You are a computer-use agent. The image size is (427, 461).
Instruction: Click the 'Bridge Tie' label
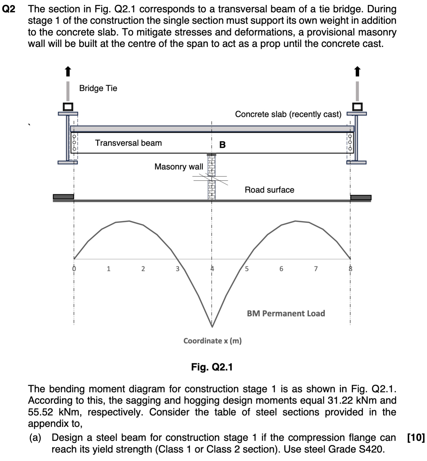click(x=98, y=88)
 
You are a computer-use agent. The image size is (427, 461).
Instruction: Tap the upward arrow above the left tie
click(x=68, y=71)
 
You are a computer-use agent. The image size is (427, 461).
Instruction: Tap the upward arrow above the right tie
click(x=357, y=71)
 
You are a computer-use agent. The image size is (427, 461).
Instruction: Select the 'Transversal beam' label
click(x=128, y=143)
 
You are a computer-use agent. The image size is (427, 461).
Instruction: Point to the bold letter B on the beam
click(x=222, y=145)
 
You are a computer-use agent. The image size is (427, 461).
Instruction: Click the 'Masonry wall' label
click(x=179, y=167)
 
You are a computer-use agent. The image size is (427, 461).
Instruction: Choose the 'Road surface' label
click(x=269, y=190)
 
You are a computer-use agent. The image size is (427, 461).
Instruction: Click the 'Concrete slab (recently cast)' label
click(x=288, y=114)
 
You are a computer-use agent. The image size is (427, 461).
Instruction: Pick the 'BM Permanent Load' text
click(x=286, y=313)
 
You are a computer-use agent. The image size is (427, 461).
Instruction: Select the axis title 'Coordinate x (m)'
click(x=212, y=341)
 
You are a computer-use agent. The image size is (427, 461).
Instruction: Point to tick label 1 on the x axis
click(x=109, y=269)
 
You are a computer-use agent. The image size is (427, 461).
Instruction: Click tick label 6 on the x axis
click(x=281, y=269)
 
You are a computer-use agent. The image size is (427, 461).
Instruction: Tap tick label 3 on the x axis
click(x=177, y=269)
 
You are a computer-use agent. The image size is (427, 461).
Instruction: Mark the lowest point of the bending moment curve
click(x=212, y=326)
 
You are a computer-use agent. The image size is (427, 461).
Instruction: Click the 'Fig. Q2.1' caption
click(x=212, y=367)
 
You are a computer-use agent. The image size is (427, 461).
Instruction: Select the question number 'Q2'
click(x=8, y=9)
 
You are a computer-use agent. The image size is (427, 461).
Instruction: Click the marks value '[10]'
click(x=416, y=438)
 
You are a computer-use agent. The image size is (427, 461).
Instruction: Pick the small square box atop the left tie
click(x=68, y=107)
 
